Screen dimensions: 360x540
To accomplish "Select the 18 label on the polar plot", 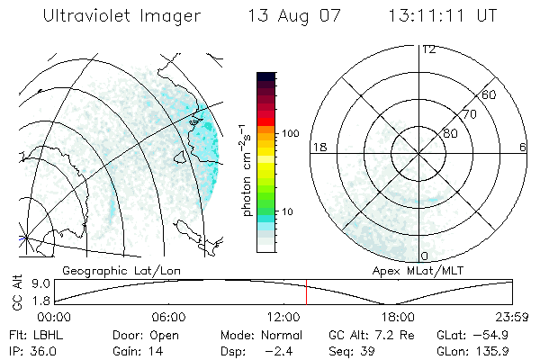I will pyautogui.click(x=318, y=147).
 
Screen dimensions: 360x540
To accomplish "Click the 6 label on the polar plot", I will pyautogui.click(x=523, y=147).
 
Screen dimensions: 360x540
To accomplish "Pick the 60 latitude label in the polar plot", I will pyautogui.click(x=490, y=94).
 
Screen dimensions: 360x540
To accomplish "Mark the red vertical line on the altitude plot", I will pyautogui.click(x=306, y=292).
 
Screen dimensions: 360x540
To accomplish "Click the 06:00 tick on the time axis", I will pyautogui.click(x=168, y=317).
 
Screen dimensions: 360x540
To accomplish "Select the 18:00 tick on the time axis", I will pyautogui.click(x=398, y=317).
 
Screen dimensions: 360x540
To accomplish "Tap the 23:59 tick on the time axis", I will pyautogui.click(x=510, y=317).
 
